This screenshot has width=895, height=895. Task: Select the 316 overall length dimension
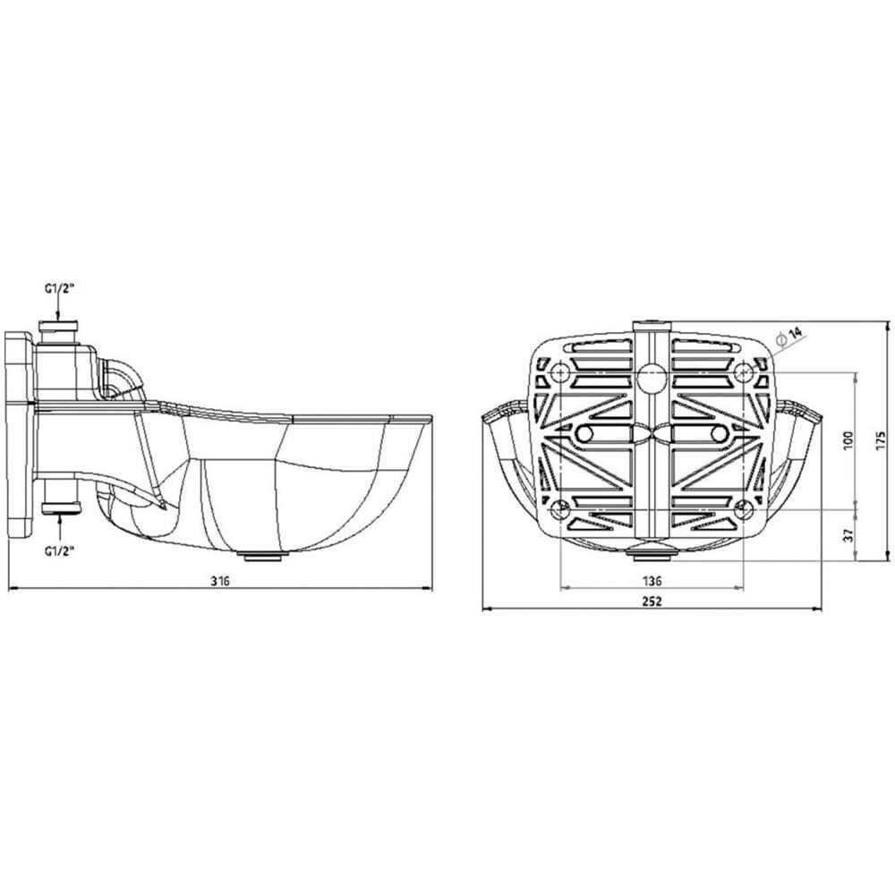(x=220, y=580)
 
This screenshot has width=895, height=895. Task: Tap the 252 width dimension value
(x=652, y=601)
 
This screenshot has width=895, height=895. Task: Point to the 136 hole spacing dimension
(x=652, y=579)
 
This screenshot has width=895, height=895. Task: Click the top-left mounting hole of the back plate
(x=560, y=370)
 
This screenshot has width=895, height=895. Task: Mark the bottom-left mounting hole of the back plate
(x=560, y=509)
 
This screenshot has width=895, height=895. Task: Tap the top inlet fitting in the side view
(x=59, y=331)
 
